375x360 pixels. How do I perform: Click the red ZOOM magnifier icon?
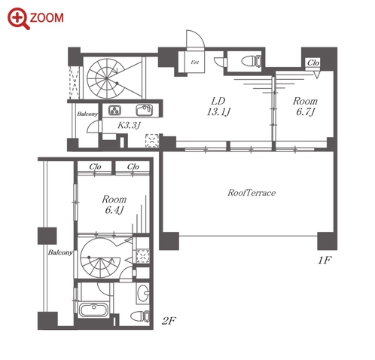click(18, 18)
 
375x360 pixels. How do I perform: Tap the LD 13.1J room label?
click(218, 106)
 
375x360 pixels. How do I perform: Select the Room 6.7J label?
click(305, 106)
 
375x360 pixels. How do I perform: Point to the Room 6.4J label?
click(114, 204)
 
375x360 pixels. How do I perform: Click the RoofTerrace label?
click(252, 193)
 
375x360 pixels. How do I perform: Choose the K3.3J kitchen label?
click(129, 125)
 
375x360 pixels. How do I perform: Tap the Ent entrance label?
click(195, 62)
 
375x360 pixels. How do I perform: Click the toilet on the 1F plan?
click(252, 62)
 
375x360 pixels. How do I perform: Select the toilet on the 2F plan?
click(141, 316)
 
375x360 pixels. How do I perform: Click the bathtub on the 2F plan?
click(93, 310)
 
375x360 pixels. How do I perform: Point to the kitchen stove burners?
click(114, 110)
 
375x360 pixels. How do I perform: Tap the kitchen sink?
click(145, 110)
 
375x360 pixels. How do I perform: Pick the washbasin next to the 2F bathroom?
click(143, 293)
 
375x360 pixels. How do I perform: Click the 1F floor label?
click(325, 261)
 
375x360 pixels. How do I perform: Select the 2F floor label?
click(169, 321)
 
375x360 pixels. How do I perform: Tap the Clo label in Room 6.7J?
click(313, 63)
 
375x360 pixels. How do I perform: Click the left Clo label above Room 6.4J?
click(95, 166)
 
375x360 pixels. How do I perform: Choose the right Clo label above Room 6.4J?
click(133, 166)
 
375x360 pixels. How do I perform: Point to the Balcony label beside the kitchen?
click(87, 114)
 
